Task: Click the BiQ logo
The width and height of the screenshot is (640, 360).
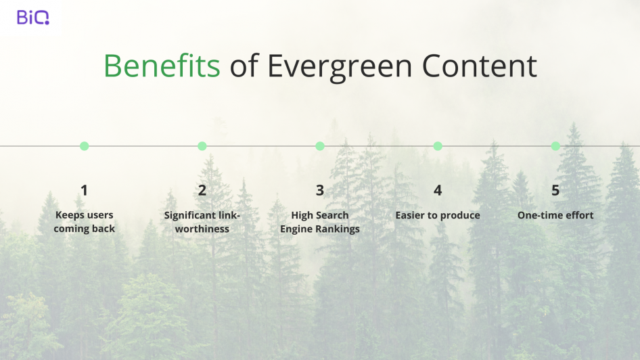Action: (x=32, y=17)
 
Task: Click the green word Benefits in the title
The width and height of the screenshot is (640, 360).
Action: (x=162, y=66)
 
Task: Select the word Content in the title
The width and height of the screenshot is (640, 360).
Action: (x=479, y=66)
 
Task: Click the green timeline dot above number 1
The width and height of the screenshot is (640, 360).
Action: (x=85, y=146)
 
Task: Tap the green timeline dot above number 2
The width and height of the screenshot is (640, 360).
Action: (x=202, y=146)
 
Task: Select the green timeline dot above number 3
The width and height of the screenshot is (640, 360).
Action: (x=320, y=146)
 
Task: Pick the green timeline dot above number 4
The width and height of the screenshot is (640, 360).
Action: (x=438, y=146)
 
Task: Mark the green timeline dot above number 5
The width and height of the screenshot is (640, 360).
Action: (x=555, y=146)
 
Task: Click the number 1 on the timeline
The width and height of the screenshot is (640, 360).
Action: (x=84, y=190)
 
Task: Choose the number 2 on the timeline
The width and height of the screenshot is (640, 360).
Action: (x=202, y=190)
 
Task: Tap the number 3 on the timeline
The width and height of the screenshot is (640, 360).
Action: (x=320, y=190)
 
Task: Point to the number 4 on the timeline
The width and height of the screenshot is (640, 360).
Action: (x=438, y=190)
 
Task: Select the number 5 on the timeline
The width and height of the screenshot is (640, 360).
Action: (x=555, y=190)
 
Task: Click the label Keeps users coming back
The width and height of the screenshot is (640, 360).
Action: (x=85, y=222)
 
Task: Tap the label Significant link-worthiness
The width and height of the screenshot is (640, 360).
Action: (x=202, y=222)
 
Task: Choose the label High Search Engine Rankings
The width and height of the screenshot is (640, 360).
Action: (x=320, y=222)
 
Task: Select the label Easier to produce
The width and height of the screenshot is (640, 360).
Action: (x=438, y=215)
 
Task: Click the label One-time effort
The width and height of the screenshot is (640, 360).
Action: (x=555, y=215)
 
